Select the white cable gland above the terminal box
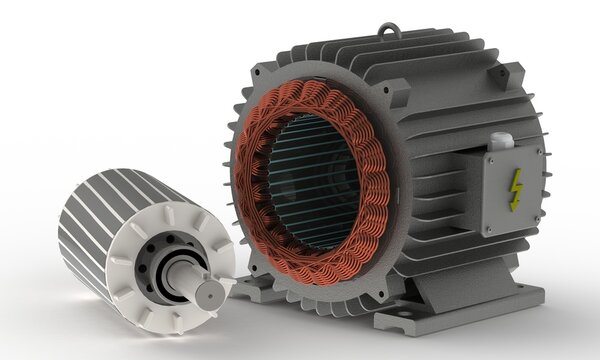point(502,143)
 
